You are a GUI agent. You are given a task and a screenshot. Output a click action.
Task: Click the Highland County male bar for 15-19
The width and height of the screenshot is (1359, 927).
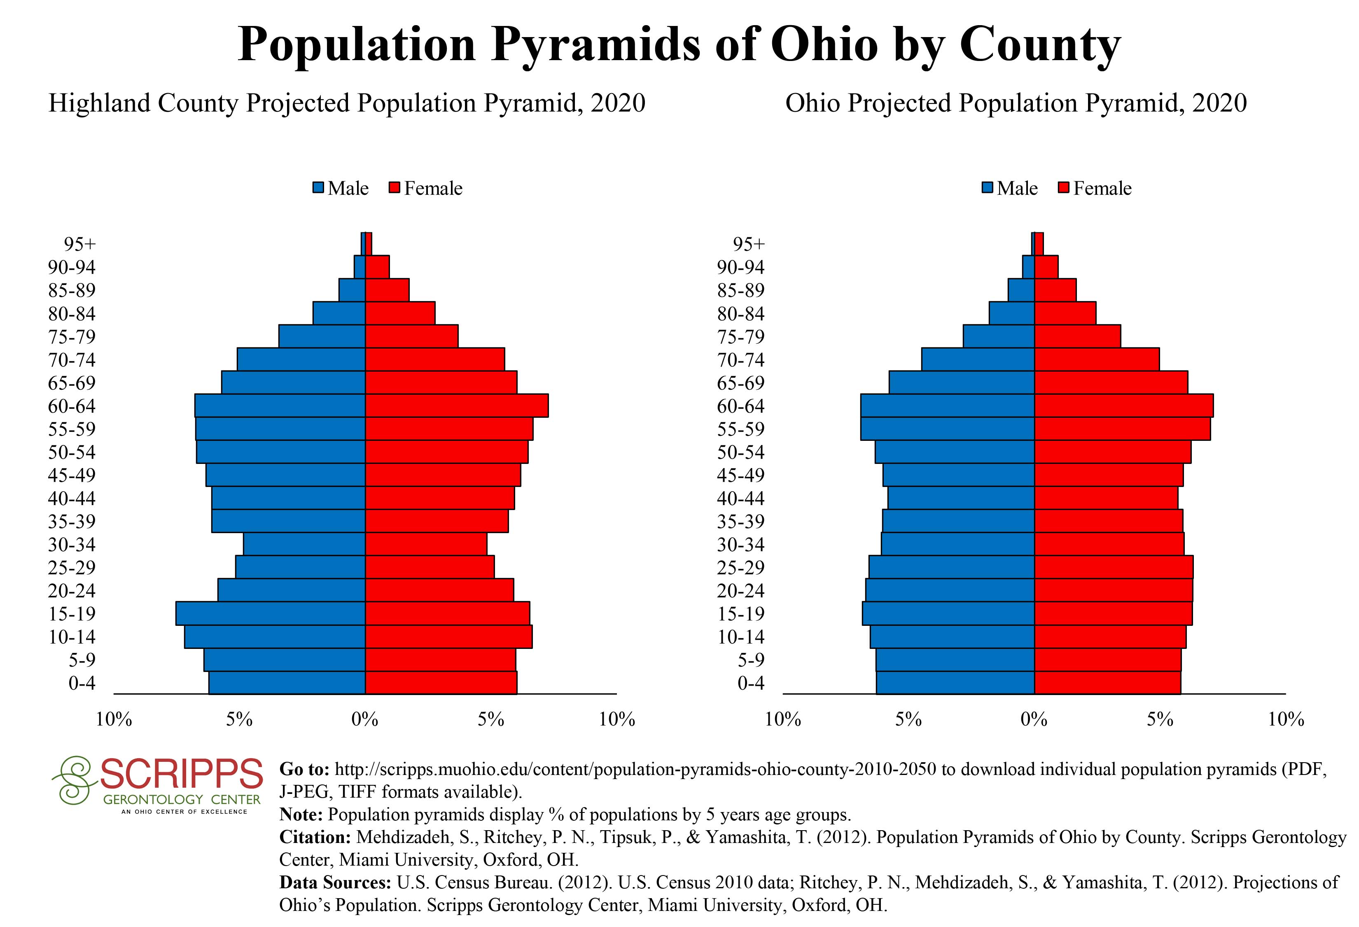(x=270, y=613)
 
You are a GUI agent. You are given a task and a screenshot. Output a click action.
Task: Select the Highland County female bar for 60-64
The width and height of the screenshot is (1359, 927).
(x=457, y=406)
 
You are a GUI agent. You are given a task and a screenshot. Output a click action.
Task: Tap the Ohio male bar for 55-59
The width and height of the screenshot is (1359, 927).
(x=947, y=429)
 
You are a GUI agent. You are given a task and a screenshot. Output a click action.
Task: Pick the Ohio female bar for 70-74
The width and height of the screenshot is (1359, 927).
(x=1096, y=360)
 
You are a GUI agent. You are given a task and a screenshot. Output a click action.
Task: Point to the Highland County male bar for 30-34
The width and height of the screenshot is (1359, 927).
(x=304, y=544)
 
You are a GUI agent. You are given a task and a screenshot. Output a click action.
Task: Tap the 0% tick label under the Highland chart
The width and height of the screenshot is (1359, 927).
(x=365, y=720)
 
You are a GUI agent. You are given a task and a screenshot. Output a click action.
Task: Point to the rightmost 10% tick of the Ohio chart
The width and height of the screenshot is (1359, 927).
(x=1286, y=720)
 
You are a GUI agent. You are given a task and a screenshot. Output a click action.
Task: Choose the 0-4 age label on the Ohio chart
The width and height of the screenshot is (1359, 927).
(x=751, y=683)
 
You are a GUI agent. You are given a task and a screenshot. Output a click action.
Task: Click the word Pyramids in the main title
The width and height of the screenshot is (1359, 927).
(x=595, y=44)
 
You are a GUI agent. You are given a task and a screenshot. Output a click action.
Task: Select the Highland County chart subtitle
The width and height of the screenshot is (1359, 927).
(x=347, y=103)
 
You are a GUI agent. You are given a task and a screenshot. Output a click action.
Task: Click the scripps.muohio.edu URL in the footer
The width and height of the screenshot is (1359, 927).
(x=635, y=769)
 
